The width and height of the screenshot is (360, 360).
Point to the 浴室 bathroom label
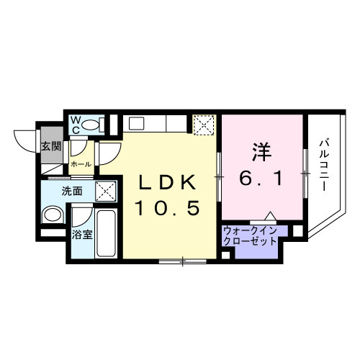81,234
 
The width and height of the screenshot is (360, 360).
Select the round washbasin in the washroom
52,215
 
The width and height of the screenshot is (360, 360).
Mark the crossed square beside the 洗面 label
107,192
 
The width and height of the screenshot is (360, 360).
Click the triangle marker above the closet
269,217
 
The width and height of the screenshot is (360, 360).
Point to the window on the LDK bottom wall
182,260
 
